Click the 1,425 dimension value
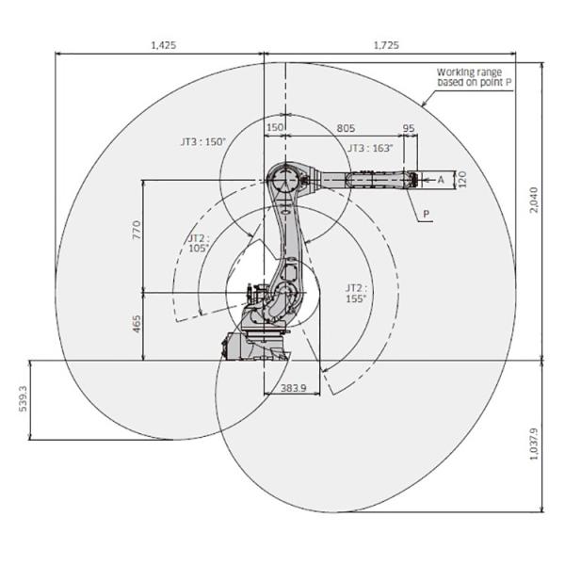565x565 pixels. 163,45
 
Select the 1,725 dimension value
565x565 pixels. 386,45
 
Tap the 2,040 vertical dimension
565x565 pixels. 534,200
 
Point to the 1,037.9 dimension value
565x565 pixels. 534,444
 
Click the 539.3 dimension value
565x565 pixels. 23,398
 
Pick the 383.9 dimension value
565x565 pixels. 293,388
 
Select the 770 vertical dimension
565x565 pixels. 137,230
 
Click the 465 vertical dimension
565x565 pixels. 137,324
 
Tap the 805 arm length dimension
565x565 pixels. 346,128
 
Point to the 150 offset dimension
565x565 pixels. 275,128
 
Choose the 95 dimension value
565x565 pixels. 409,128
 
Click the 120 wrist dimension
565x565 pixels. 461,180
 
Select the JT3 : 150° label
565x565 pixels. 202,141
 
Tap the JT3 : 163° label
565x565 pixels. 370,148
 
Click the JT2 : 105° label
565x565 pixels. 199,243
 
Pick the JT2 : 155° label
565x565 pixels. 356,293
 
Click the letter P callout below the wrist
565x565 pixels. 427,214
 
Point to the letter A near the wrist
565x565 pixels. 441,180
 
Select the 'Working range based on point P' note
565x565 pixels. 474,77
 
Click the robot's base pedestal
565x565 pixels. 255,347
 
